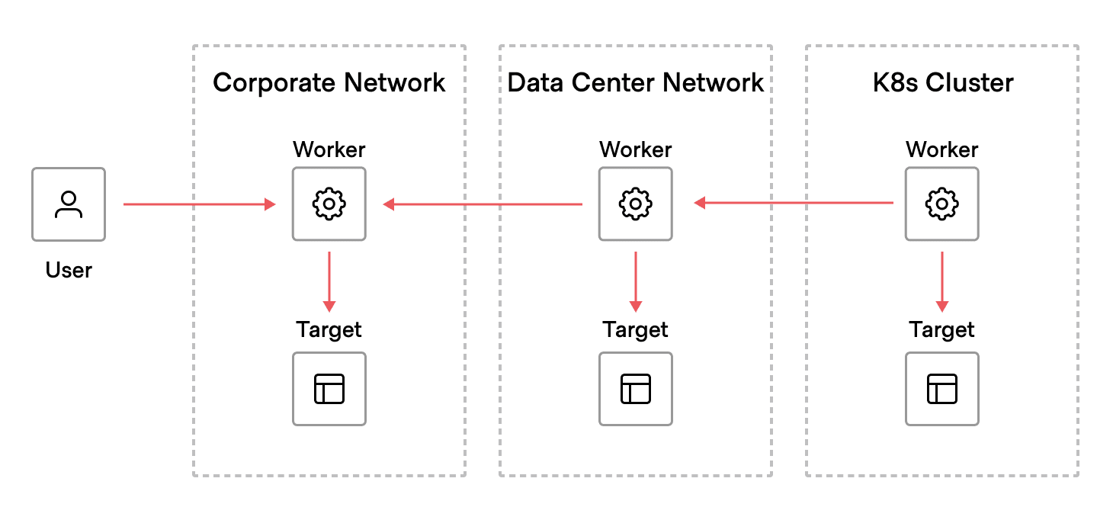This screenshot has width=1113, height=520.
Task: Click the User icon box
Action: click(69, 204)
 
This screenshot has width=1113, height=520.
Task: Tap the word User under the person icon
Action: click(69, 270)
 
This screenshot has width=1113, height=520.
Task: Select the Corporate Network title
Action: click(329, 82)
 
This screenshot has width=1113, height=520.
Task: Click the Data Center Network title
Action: click(635, 82)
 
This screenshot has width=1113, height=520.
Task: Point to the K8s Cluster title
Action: click(942, 82)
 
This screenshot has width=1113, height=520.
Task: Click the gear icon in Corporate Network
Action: click(329, 204)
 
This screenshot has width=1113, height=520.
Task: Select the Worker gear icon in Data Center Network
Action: click(636, 204)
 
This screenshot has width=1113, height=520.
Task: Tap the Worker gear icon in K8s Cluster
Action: click(942, 204)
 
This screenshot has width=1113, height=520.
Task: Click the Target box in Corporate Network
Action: click(329, 389)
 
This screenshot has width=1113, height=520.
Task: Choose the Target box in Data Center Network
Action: click(636, 389)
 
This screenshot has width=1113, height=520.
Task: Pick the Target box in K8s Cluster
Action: click(942, 389)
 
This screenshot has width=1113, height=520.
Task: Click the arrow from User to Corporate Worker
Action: click(198, 204)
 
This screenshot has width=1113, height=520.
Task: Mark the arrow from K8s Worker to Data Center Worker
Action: click(793, 203)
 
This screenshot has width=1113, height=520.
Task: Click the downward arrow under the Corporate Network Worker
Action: click(329, 281)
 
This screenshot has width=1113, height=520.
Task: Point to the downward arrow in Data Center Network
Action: click(636, 281)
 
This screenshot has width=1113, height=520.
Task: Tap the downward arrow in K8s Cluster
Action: click(942, 281)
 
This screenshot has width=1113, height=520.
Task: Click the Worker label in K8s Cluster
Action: click(942, 149)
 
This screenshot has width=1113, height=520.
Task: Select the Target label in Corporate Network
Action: click(329, 329)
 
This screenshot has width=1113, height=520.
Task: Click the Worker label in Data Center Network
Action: click(636, 149)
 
